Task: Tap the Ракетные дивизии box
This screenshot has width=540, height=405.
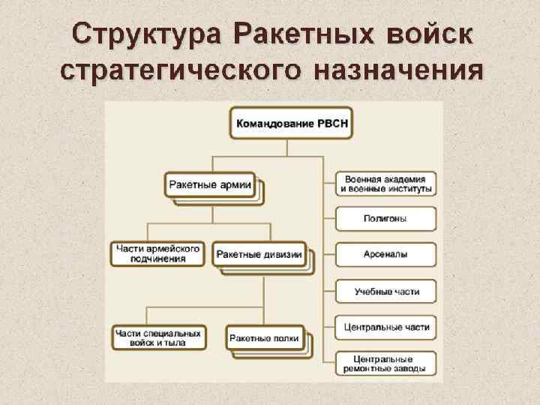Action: pyautogui.click(x=259, y=254)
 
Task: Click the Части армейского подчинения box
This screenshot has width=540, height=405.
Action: pyautogui.click(x=158, y=253)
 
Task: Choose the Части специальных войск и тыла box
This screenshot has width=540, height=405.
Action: pyautogui.click(x=158, y=337)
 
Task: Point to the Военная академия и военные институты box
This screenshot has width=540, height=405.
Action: pyautogui.click(x=385, y=184)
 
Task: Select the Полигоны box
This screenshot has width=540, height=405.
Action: pyautogui.click(x=385, y=219)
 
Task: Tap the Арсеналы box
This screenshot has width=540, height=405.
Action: pyautogui.click(x=385, y=254)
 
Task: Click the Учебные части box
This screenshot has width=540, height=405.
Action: pyautogui.click(x=385, y=291)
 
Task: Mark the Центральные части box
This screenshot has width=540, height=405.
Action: pyautogui.click(x=385, y=328)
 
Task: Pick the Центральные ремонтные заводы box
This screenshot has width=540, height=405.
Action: pyautogui.click(x=385, y=363)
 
